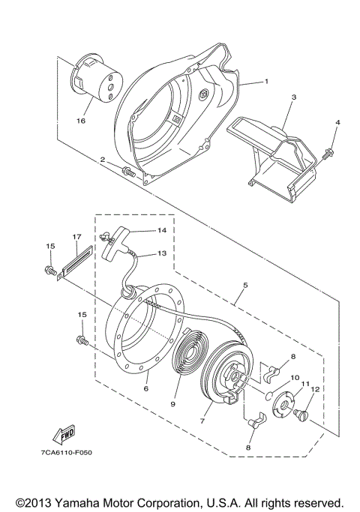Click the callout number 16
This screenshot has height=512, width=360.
[x=81, y=119]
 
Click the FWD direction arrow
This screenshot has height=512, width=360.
[x=64, y=433]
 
